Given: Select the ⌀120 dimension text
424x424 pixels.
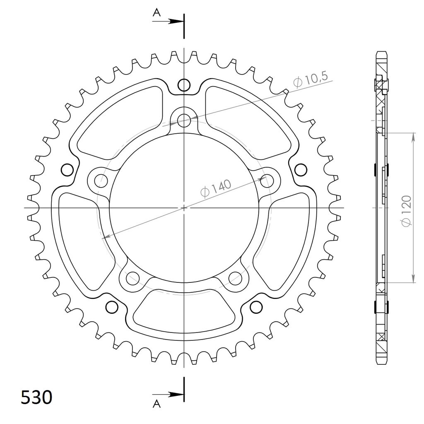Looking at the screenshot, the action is [407, 211].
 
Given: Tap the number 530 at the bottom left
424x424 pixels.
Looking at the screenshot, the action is [36, 397].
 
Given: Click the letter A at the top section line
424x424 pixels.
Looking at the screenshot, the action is [157, 12].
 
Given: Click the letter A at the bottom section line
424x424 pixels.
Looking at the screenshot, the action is [157, 404].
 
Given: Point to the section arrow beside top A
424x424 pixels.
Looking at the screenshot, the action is [168, 22].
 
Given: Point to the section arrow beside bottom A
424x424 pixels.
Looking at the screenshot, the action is [168, 395].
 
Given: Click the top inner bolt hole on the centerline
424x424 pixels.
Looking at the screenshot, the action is [184, 120].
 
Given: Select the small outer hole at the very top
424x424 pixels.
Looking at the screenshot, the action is [184, 85].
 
